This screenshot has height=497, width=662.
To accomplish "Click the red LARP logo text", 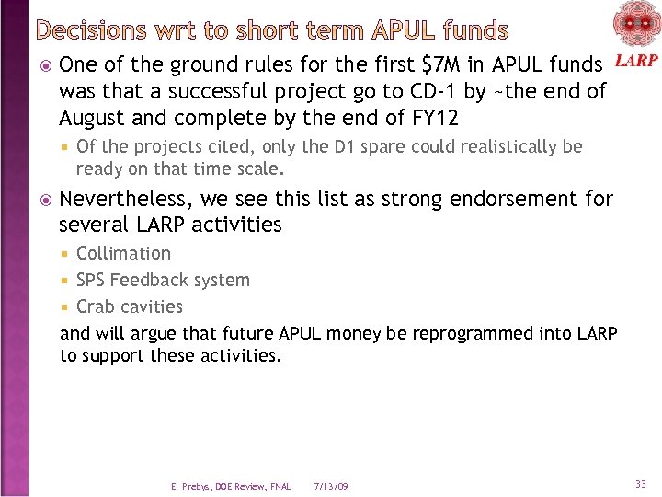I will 634,61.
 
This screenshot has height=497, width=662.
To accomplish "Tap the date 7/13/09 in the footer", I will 330,486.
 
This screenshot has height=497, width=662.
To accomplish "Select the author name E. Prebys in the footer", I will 192,486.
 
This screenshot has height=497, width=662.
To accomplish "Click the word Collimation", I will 123,253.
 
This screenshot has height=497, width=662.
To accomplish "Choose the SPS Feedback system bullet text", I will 163,280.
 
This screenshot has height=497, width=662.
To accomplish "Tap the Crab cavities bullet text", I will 130,306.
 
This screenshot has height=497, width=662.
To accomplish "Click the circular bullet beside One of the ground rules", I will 46,65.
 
